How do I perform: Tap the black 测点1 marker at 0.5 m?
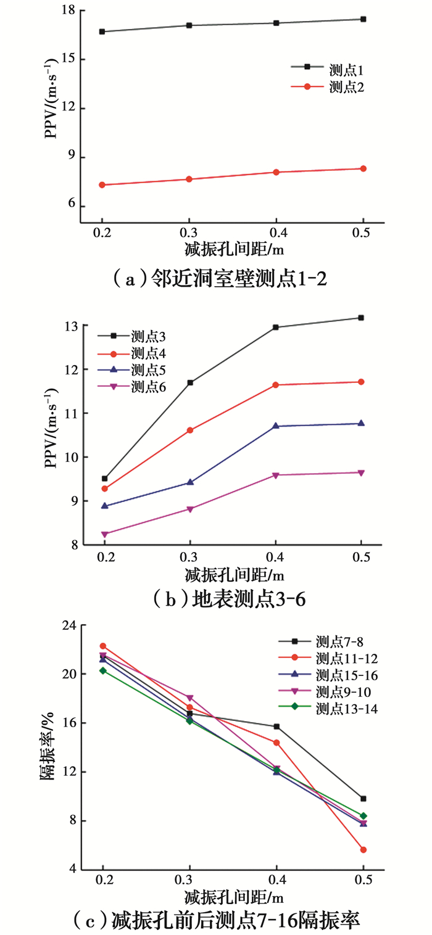[363, 19]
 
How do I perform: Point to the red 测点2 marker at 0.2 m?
[102, 185]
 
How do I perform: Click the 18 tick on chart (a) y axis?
[68, 10]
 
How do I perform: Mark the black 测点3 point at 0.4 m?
[276, 327]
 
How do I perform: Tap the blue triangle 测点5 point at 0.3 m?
[189, 482]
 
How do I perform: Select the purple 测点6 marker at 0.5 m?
[362, 472]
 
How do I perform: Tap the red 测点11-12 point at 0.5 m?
[363, 850]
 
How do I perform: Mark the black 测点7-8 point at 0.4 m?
[276, 727]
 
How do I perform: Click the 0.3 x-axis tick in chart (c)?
[189, 878]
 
